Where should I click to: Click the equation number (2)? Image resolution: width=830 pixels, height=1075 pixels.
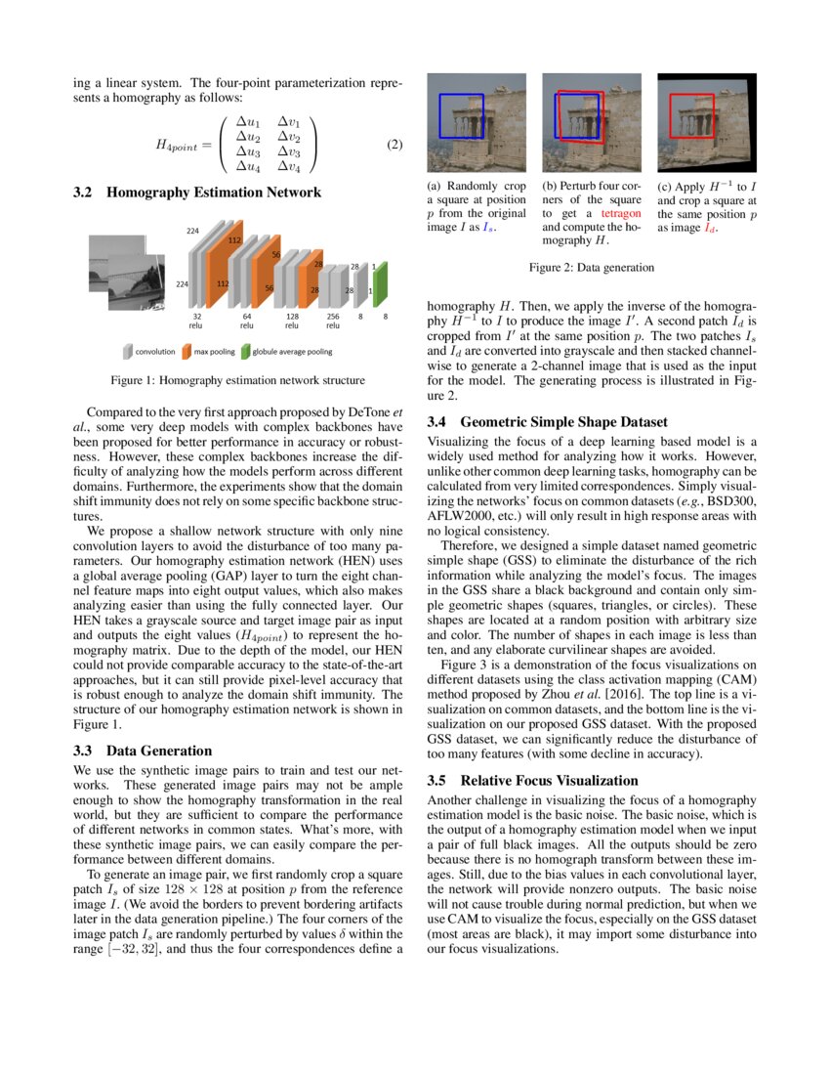coord(394,146)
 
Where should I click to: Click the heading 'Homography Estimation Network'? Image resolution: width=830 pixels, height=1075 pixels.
coord(214,193)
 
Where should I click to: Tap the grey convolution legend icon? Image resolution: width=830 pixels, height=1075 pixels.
coord(128,351)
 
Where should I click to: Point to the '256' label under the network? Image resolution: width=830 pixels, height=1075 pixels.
coord(333,318)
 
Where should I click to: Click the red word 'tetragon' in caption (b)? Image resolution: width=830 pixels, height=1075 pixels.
coord(621,212)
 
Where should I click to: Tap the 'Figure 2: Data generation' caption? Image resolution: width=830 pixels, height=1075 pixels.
coord(592,267)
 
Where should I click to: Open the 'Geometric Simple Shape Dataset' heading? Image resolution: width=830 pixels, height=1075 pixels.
coord(563,422)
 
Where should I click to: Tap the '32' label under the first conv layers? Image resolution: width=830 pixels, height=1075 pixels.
coord(196,318)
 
